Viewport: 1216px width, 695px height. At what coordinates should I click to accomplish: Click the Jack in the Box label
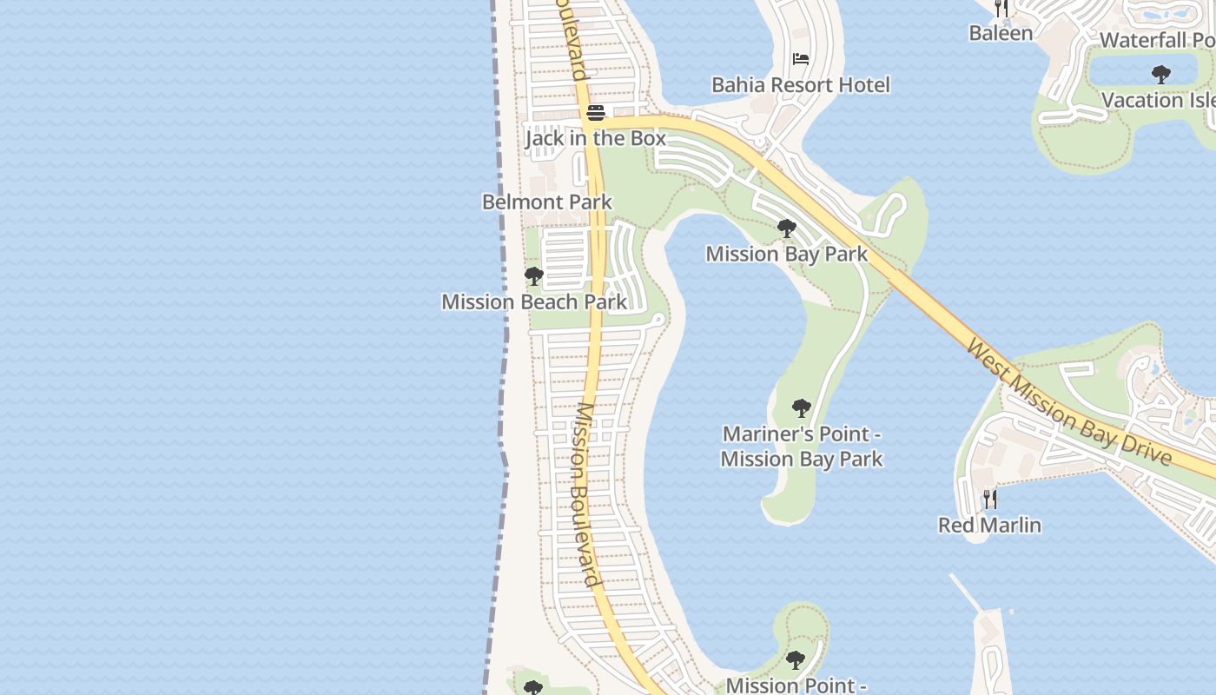[x=596, y=138]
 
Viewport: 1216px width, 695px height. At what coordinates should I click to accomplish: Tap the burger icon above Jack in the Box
[x=596, y=113]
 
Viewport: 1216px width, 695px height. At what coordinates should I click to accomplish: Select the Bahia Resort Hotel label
[x=801, y=85]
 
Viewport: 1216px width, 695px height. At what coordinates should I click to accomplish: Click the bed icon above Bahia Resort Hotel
[x=801, y=59]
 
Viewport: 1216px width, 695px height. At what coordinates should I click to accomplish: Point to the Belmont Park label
[x=547, y=202]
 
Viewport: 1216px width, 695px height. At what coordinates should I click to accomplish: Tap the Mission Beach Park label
[x=534, y=302]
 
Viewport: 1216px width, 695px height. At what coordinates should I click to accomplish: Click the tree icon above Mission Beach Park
[x=534, y=276]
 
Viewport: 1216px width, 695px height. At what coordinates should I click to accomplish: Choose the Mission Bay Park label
[x=786, y=254]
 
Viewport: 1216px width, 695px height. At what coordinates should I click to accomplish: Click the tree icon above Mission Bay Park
[x=787, y=228]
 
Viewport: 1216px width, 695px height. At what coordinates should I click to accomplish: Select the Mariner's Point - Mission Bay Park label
[x=802, y=447]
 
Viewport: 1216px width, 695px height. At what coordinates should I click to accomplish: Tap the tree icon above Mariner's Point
[x=802, y=407]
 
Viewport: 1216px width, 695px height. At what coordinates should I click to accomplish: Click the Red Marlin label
[x=989, y=525]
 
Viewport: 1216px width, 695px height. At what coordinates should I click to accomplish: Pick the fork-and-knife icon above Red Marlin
[x=989, y=500]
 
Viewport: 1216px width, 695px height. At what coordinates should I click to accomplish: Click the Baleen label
[x=1001, y=34]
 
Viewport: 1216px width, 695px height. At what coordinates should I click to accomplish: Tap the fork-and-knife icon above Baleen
[x=1001, y=9]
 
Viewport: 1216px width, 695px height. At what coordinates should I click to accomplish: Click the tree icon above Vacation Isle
[x=1160, y=75]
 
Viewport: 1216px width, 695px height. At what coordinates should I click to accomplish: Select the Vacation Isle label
[x=1158, y=101]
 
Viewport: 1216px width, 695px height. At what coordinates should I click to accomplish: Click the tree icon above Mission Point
[x=796, y=660]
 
